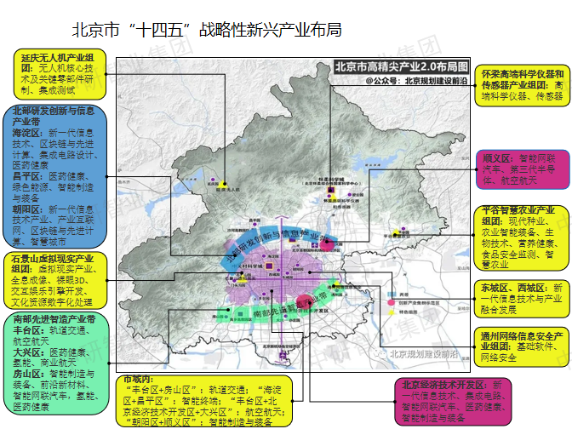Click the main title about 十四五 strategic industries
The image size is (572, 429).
coord(207,30)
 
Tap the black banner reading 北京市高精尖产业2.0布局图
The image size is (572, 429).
coord(402,66)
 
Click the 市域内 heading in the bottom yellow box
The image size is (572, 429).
coord(138,378)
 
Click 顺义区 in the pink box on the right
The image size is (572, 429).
coord(496,158)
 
